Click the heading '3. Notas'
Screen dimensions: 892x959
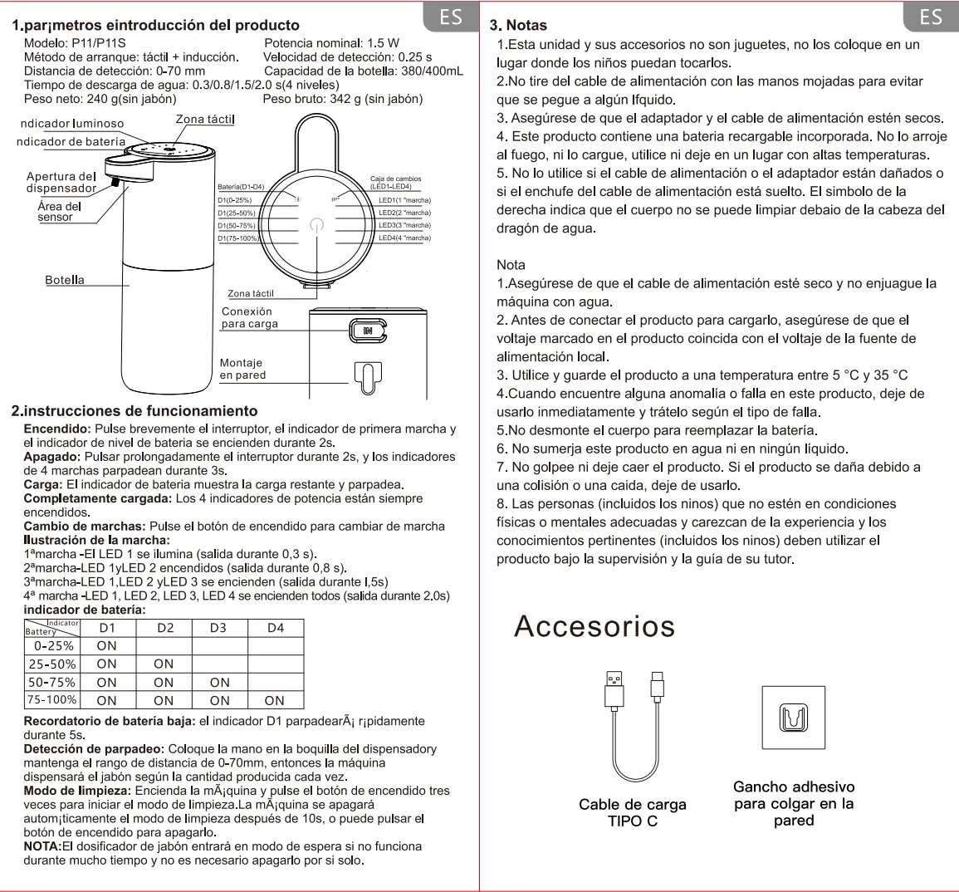click(x=519, y=26)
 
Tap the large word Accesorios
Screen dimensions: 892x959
click(x=594, y=625)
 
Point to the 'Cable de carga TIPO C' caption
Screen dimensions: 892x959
click(x=633, y=812)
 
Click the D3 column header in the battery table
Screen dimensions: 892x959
click(x=218, y=628)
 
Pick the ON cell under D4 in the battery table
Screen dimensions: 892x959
click(x=275, y=700)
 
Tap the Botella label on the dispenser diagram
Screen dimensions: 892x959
click(x=65, y=280)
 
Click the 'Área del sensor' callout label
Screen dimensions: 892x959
click(x=60, y=212)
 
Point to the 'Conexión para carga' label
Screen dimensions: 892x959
click(x=249, y=317)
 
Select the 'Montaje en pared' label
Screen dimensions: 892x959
click(x=242, y=369)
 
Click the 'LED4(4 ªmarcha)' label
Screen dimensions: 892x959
click(x=404, y=238)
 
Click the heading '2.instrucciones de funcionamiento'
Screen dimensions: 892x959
click(x=134, y=410)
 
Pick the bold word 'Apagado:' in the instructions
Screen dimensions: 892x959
click(x=51, y=457)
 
